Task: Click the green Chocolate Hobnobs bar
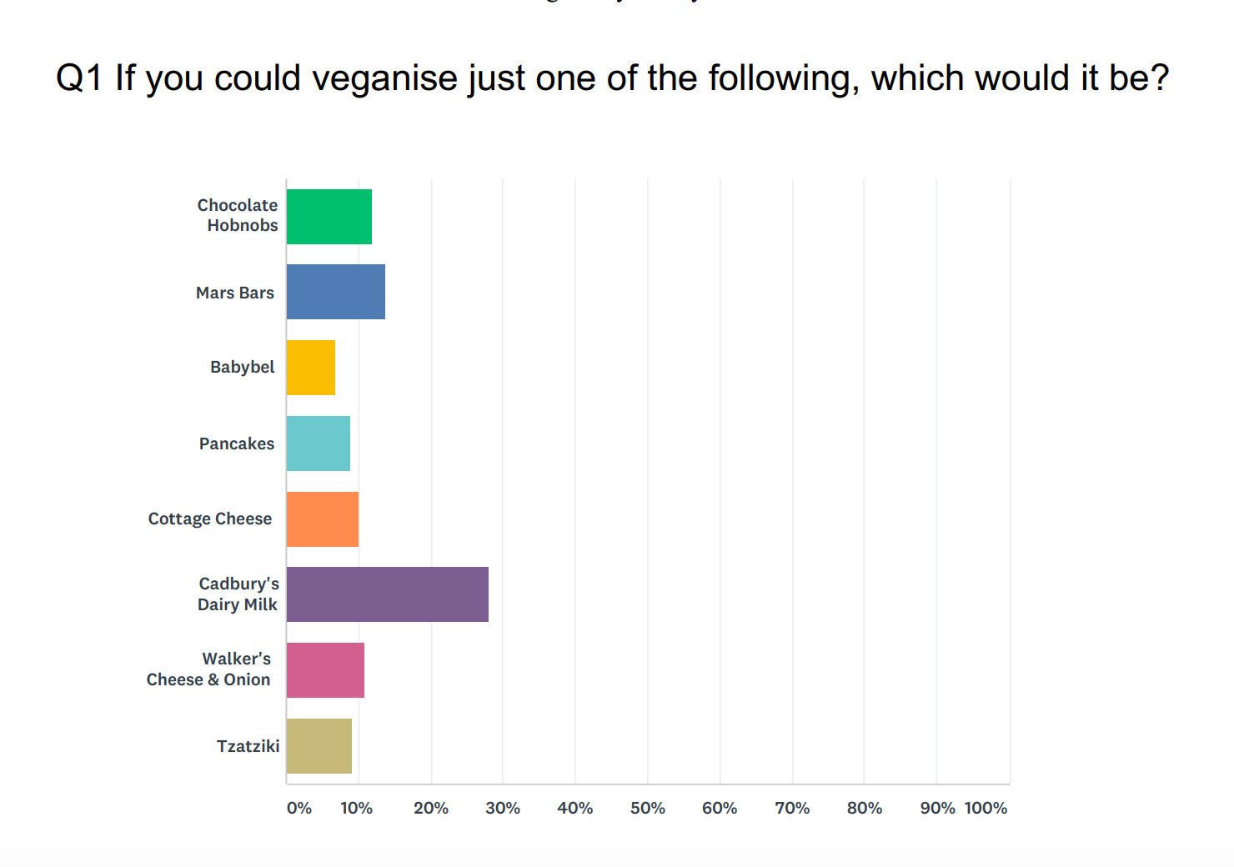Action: coord(329,217)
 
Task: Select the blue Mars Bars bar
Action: coord(335,292)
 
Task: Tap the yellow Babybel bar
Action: coord(310,368)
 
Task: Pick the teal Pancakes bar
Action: coord(318,444)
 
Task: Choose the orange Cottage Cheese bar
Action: coord(322,519)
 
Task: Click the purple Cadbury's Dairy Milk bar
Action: coord(387,594)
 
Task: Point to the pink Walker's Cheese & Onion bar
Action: coord(325,670)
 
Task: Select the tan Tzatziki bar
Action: coord(319,746)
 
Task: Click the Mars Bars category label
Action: coord(235,293)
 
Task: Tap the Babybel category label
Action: coord(242,367)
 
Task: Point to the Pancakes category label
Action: coord(237,444)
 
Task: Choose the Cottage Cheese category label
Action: coord(210,519)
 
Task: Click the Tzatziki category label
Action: coord(248,746)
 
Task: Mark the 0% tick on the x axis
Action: coord(298,808)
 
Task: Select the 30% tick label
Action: coord(503,808)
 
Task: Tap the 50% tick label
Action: coord(648,808)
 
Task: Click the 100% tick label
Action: coord(986,808)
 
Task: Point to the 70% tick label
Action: coord(792,808)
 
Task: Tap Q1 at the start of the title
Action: coord(78,78)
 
